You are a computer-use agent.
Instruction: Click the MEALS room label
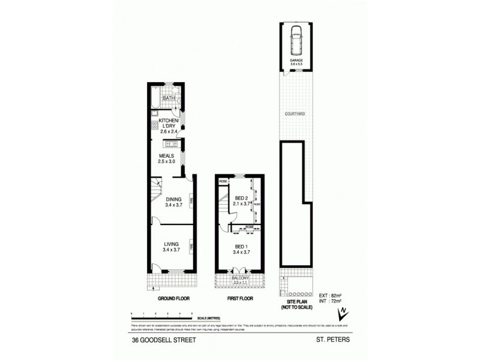pyautogui.click(x=166, y=155)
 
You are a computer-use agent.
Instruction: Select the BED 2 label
pyautogui.click(x=241, y=199)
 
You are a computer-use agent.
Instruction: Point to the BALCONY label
pyautogui.click(x=241, y=278)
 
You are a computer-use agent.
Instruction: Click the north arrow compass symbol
pyautogui.click(x=343, y=313)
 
